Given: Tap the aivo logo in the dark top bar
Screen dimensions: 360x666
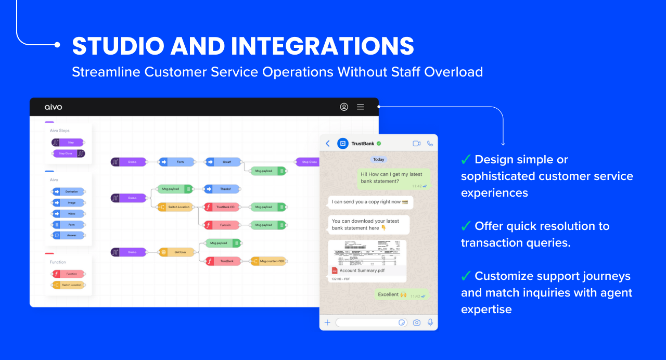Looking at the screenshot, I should point(53,107).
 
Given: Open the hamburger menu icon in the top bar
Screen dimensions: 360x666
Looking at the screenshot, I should point(360,107).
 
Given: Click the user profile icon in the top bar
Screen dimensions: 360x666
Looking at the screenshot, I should point(344,107).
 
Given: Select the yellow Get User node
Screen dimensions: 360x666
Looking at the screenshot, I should point(177,252).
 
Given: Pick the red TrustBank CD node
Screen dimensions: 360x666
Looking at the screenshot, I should point(222,207).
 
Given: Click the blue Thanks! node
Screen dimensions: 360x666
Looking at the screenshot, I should point(222,189).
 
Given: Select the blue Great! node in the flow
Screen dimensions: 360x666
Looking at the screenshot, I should point(223,162).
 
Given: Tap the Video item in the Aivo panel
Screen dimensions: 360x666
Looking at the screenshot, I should point(68,213).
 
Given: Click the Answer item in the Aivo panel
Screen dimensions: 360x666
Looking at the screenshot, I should point(68,235).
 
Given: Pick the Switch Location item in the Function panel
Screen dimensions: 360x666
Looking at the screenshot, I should point(68,285).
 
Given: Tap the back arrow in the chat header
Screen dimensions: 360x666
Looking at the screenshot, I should point(328,144).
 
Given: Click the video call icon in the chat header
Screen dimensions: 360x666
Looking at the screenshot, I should point(416,144).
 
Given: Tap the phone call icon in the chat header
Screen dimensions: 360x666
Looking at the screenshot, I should point(430,144).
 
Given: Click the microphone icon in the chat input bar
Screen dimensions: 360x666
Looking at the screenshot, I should point(430,323).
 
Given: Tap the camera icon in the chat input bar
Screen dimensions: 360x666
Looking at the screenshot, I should point(417,323).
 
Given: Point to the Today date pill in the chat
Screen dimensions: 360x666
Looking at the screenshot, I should point(379,160).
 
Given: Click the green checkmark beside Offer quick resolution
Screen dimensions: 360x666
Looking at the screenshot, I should point(466,226).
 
